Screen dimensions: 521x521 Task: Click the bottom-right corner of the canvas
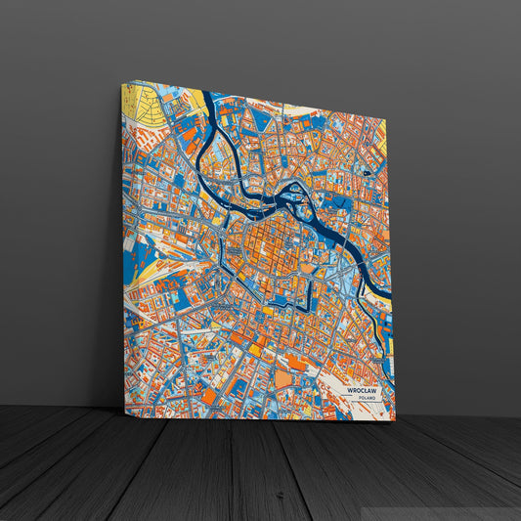395,420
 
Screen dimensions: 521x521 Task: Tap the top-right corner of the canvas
386,118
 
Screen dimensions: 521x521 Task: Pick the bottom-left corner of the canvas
124,412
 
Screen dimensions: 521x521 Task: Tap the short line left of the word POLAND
351,399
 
